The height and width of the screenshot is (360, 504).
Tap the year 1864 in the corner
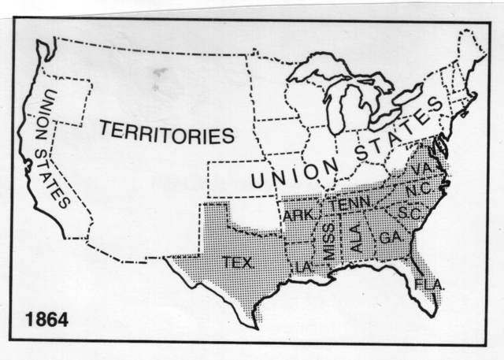coord(46,320)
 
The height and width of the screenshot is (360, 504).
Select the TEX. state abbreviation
coord(238,262)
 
